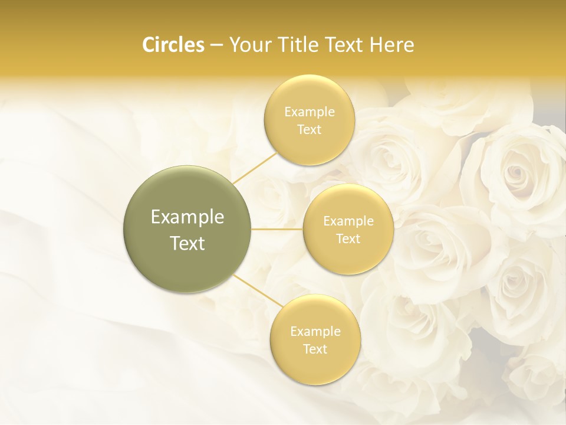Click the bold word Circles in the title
click(173, 45)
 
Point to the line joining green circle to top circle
click(254, 167)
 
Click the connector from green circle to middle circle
click(277, 229)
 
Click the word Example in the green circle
click(187, 217)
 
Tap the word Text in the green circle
click(187, 243)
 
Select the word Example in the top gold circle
click(309, 112)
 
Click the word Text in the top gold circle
click(309, 130)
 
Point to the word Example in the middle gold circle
click(348, 221)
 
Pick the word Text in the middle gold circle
click(348, 239)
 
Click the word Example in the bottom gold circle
click(315, 332)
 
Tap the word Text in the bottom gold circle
click(315, 349)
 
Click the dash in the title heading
click(216, 45)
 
